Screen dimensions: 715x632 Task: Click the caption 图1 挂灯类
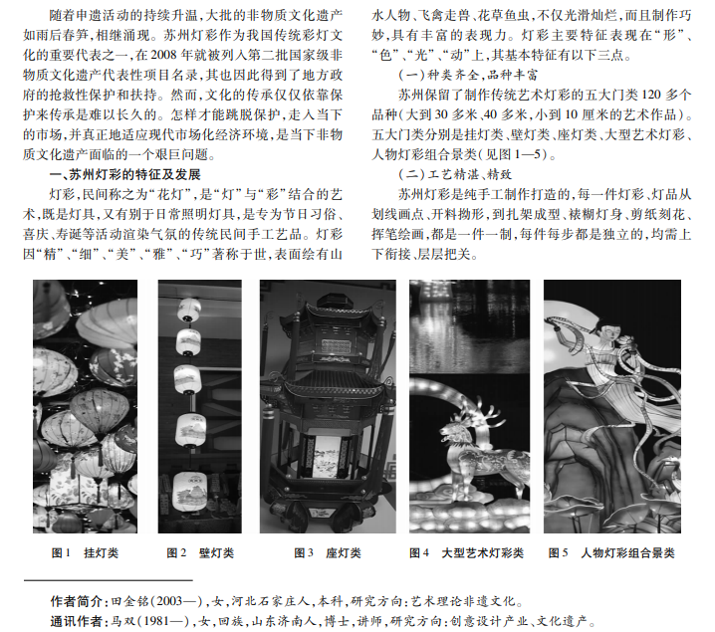tap(85, 553)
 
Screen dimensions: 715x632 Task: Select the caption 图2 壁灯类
tap(200, 553)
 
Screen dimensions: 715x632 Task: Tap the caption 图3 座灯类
tap(328, 553)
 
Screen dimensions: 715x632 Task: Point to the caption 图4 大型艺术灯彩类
tap(466, 553)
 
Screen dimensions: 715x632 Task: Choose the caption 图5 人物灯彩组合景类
tap(611, 553)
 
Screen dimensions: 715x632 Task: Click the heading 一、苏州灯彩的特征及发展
tap(124, 174)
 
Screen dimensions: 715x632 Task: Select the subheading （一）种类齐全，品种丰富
tap(468, 75)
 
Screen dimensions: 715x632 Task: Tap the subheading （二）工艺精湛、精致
tap(455, 174)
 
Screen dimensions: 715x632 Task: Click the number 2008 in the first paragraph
tap(163, 55)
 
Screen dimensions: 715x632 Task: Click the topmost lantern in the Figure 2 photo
tap(189, 310)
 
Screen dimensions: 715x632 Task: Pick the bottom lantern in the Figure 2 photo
tap(189, 492)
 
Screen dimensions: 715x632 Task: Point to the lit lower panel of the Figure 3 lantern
tap(327, 456)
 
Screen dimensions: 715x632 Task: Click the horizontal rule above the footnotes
tap(109, 580)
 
